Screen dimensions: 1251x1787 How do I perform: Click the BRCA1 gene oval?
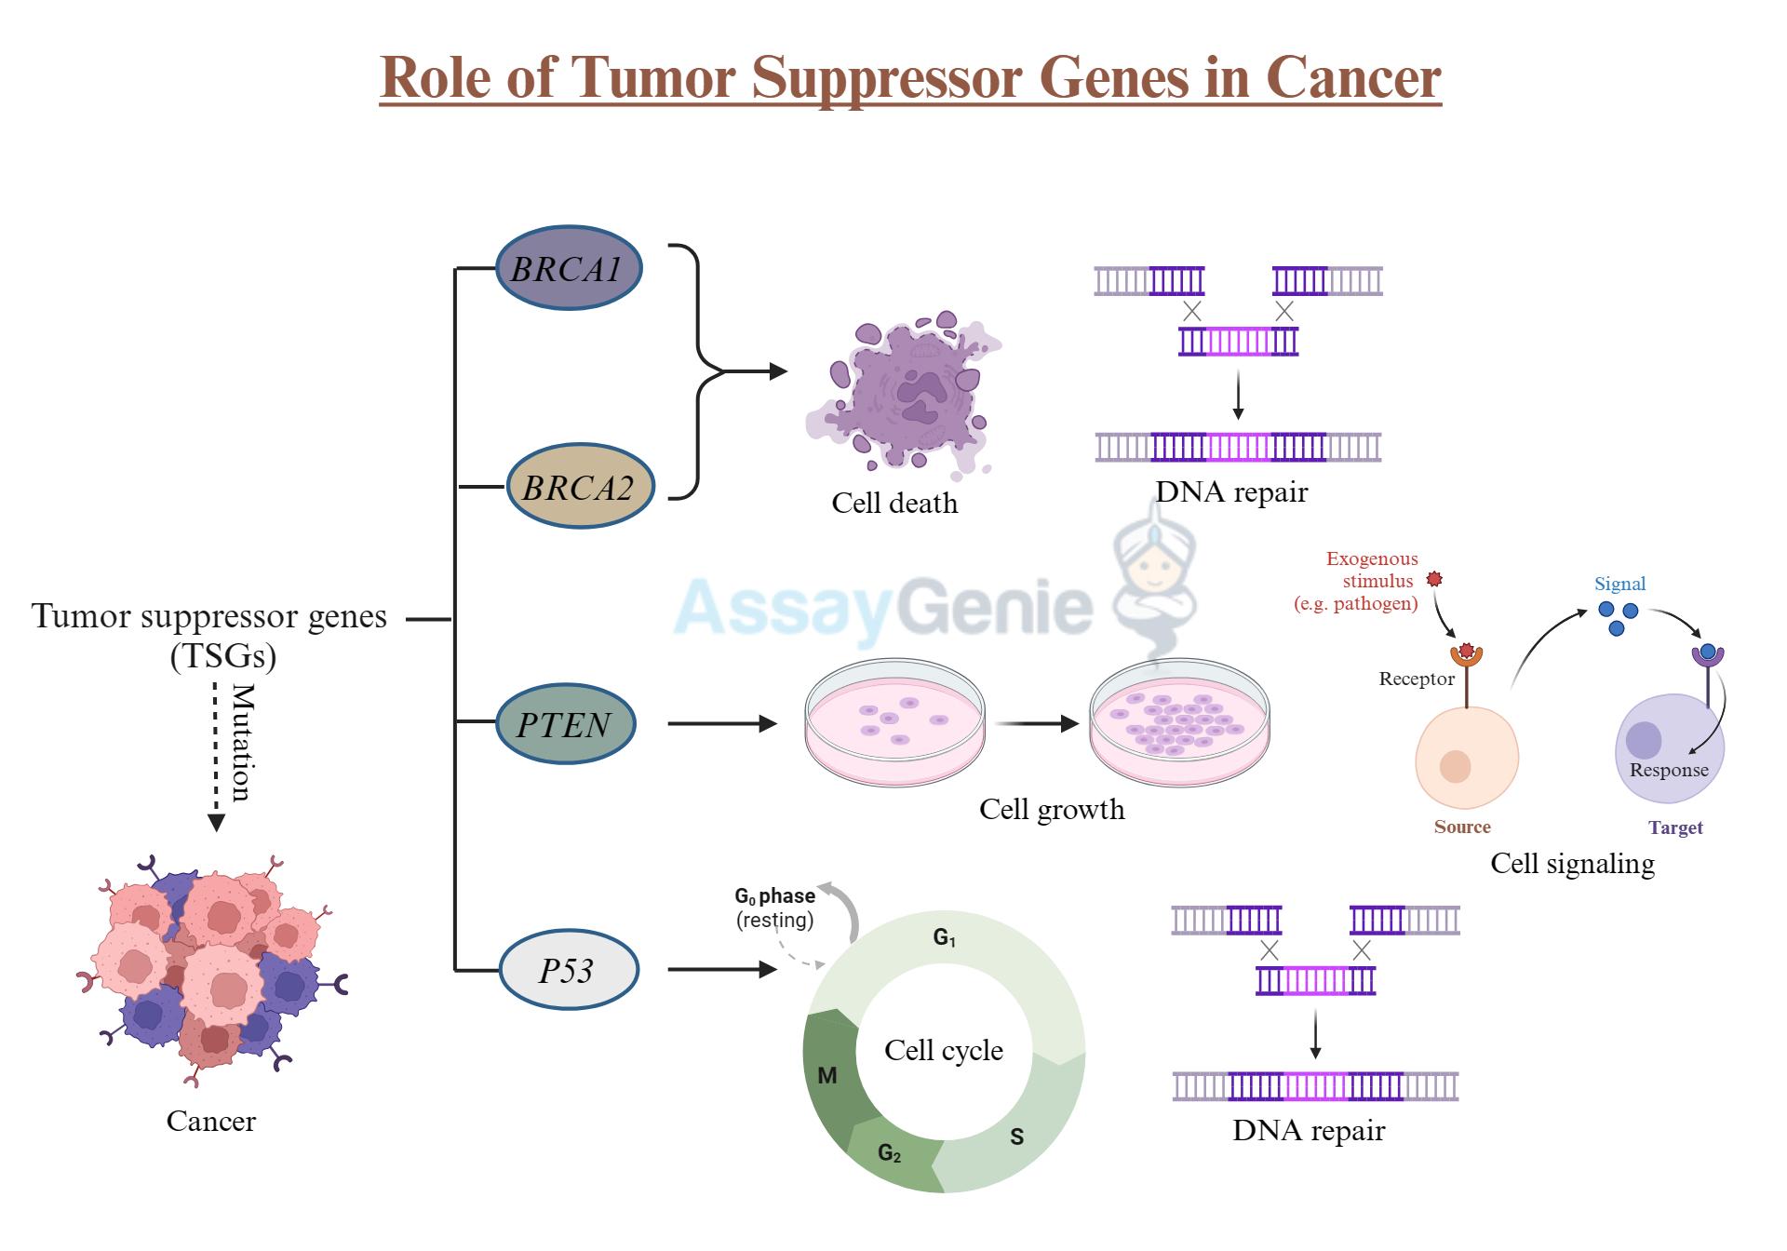pos(568,268)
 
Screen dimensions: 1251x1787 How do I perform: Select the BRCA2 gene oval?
pos(579,487)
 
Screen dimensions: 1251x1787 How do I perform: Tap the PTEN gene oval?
pos(564,724)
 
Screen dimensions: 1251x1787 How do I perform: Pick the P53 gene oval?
pos(568,971)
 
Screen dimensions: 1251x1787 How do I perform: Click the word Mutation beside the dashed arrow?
pos(242,742)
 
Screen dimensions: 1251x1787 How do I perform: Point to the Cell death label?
pos(893,503)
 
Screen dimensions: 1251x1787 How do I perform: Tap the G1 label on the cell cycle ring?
pos(944,937)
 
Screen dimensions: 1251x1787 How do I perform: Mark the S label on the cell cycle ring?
pos(1016,1137)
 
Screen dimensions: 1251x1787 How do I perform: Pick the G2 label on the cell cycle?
pos(889,1153)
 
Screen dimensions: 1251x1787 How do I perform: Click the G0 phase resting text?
pos(774,908)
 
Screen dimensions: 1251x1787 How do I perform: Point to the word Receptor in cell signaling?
pos(1416,679)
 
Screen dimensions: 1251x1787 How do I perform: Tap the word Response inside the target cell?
pos(1668,770)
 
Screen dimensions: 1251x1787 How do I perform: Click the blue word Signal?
pos(1619,584)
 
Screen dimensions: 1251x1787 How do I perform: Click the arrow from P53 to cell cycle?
pos(721,969)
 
